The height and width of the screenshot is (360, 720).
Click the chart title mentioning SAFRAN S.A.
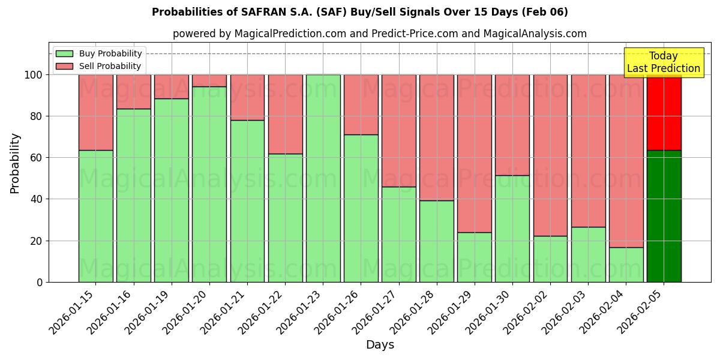click(359, 12)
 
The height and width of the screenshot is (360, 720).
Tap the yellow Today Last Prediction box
click(663, 62)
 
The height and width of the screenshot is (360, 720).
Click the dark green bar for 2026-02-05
click(664, 216)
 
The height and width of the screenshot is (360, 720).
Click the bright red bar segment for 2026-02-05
click(664, 112)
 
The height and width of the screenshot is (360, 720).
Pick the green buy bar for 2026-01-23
click(323, 178)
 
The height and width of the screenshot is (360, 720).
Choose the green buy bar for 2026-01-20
click(209, 184)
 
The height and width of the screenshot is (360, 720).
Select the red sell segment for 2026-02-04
click(626, 161)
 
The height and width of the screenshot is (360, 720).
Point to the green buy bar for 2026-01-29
click(474, 257)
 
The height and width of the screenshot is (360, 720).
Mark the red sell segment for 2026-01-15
click(96, 112)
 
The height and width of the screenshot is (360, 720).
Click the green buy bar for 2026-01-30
click(512, 229)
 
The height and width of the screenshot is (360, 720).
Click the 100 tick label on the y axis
click(34, 75)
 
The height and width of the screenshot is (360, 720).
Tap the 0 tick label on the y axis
click(40, 282)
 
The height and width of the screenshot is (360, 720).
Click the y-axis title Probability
click(15, 163)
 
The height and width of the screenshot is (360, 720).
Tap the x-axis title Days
click(380, 345)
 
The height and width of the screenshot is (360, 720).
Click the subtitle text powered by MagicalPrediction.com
click(379, 34)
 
